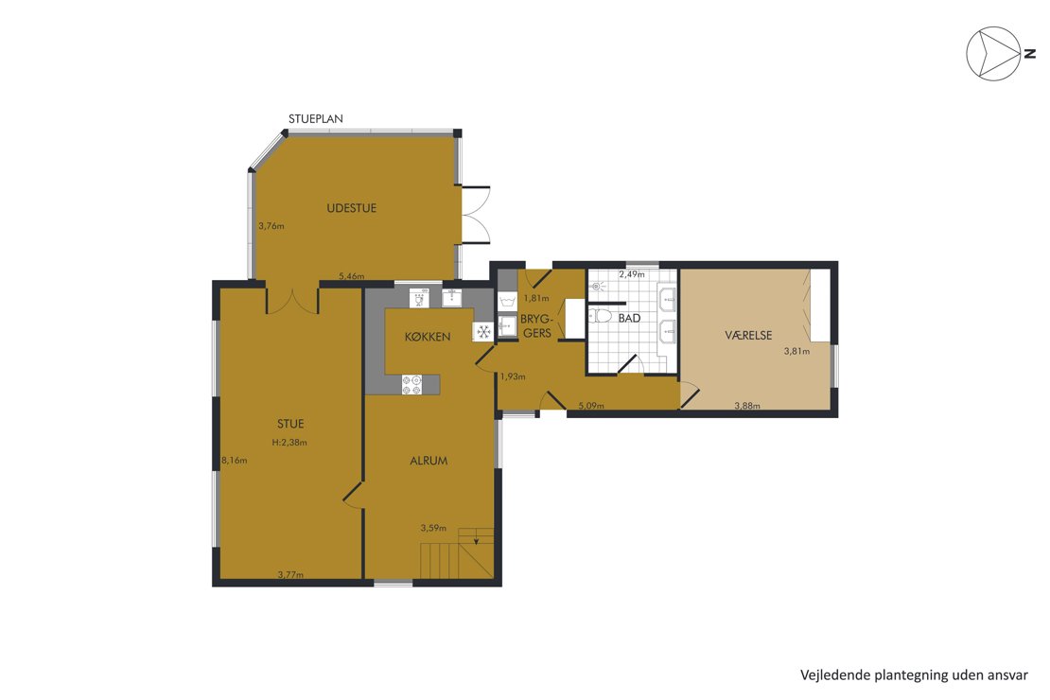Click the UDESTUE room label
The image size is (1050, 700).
click(x=351, y=208)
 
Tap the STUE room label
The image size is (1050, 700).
click(x=290, y=424)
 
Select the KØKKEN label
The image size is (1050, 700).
click(x=428, y=336)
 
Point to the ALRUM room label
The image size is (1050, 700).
click(x=429, y=461)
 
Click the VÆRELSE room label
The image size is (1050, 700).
click(x=748, y=335)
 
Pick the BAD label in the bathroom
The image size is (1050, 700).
click(x=629, y=318)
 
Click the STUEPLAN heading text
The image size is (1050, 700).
click(x=315, y=119)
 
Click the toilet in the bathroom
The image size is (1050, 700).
click(x=600, y=315)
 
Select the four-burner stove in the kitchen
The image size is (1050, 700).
click(x=411, y=384)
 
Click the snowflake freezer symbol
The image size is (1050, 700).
click(x=483, y=332)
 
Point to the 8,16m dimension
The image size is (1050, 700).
click(x=235, y=460)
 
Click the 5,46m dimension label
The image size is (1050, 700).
click(x=352, y=276)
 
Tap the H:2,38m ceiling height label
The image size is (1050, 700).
click(x=289, y=442)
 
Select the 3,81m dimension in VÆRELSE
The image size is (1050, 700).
click(x=796, y=351)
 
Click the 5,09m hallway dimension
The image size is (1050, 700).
click(x=591, y=406)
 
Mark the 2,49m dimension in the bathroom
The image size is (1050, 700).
click(x=632, y=274)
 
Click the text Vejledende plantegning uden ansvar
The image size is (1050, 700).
click(x=914, y=675)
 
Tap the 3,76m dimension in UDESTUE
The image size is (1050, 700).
click(x=271, y=226)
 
